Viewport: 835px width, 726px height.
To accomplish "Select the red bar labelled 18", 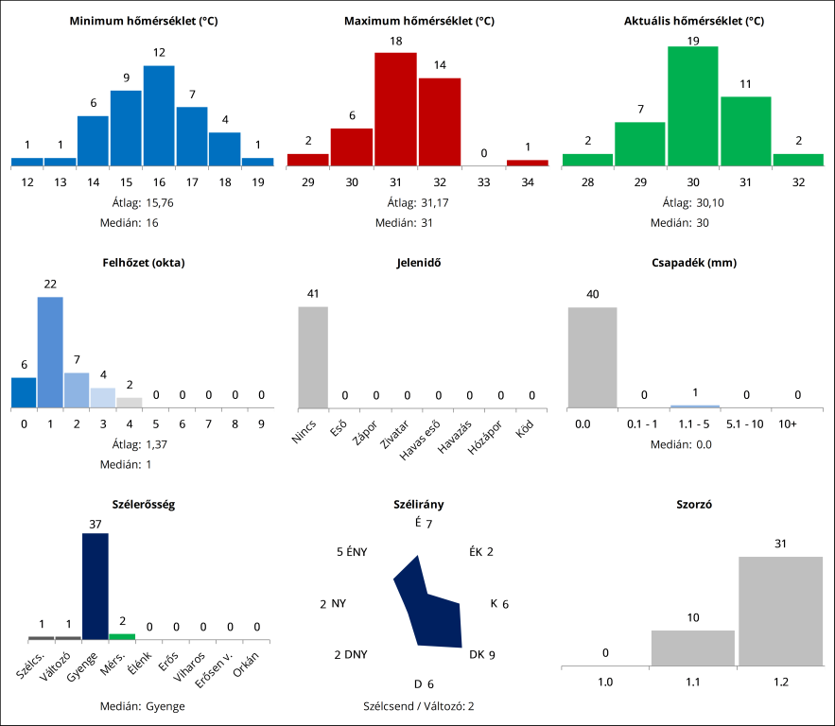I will coord(395,109).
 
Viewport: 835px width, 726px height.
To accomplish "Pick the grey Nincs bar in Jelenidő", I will coord(313,356).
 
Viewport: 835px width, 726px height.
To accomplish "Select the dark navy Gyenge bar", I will coord(96,586).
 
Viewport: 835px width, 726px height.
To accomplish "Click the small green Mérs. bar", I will coord(122,636).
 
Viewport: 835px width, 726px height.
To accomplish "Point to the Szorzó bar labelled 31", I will coord(780,611).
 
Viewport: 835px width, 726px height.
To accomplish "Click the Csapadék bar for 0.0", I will coord(592,356).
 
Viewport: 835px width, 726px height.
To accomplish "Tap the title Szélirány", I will coord(418,505).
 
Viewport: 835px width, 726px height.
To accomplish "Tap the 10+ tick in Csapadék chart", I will coord(786,424).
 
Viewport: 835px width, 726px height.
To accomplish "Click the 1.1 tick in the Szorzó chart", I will coord(693,682).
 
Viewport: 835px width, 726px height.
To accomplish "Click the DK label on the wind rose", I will coord(477,654).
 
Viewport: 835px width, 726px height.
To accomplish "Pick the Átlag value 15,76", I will coord(162,202).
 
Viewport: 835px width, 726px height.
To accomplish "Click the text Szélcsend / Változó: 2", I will coord(418,705).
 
